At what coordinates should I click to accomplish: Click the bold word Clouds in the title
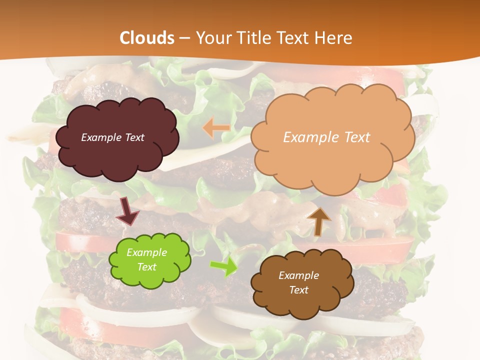click(147, 37)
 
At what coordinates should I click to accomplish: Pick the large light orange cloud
click(332, 160)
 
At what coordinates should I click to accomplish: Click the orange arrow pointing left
click(216, 128)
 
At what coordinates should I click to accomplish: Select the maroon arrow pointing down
click(127, 211)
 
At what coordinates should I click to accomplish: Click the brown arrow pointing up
click(319, 221)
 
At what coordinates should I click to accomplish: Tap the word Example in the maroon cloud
click(100, 137)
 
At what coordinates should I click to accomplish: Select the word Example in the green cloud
click(147, 252)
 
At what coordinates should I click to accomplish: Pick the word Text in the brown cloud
click(298, 290)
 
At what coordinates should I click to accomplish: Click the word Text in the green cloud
click(147, 267)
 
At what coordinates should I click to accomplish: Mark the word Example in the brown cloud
click(298, 275)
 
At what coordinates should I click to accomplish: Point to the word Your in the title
click(211, 37)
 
